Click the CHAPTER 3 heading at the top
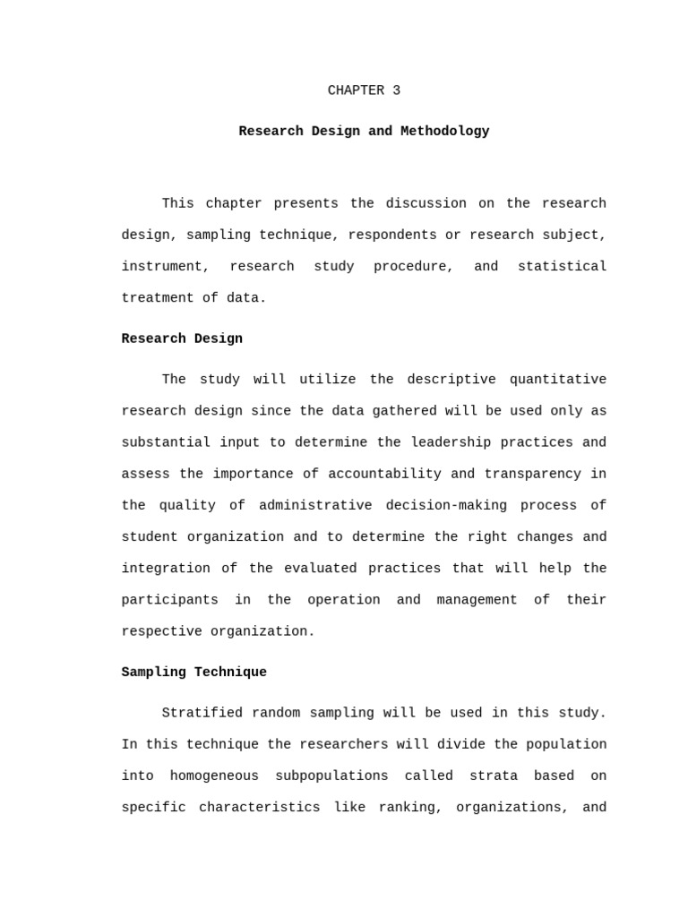click(x=364, y=90)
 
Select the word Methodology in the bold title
click(x=444, y=132)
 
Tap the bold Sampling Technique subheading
click(x=193, y=673)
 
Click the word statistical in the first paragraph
click(x=562, y=267)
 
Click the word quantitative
click(x=557, y=380)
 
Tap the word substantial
click(x=166, y=442)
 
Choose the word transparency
click(x=533, y=474)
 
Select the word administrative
click(x=315, y=506)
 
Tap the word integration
click(x=166, y=569)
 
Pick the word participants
click(x=169, y=600)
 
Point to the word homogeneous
click(x=214, y=776)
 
